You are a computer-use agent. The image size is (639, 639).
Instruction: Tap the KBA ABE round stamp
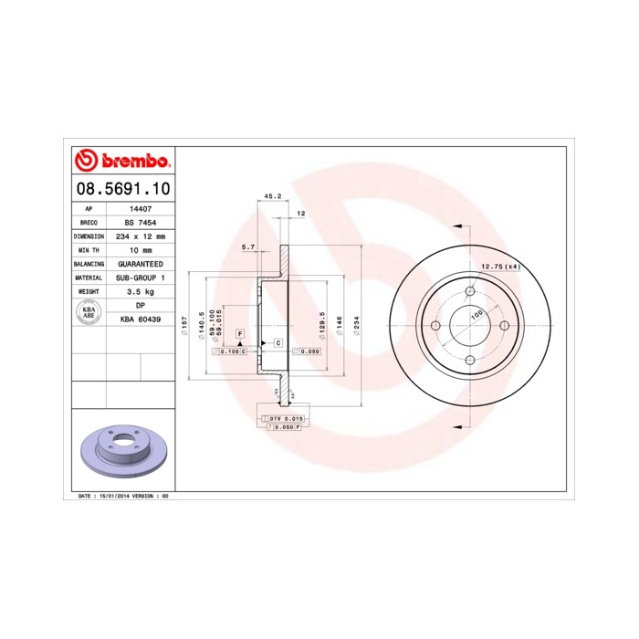pyautogui.click(x=89, y=311)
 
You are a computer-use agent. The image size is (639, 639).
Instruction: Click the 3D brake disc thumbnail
pyautogui.click(x=121, y=451)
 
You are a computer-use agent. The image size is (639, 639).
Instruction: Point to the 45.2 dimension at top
pyautogui.click(x=271, y=195)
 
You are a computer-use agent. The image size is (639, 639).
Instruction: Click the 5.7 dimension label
pyautogui.click(x=247, y=246)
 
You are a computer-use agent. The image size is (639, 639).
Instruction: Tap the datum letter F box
pyautogui.click(x=240, y=335)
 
